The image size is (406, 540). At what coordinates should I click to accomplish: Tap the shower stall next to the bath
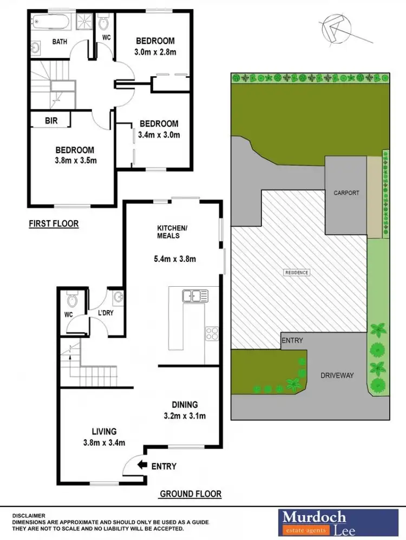tap(84, 22)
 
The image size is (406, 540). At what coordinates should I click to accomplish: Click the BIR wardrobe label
tap(51, 121)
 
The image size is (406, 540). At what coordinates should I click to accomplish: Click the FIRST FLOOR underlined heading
tap(54, 223)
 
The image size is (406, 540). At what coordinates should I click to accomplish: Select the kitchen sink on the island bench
tap(193, 296)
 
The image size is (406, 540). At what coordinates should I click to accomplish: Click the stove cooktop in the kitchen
tap(211, 333)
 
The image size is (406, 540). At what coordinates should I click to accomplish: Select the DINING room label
tap(185, 404)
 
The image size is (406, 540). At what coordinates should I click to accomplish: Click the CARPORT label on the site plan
tap(346, 192)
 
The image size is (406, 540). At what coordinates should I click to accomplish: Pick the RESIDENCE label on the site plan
tap(297, 272)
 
